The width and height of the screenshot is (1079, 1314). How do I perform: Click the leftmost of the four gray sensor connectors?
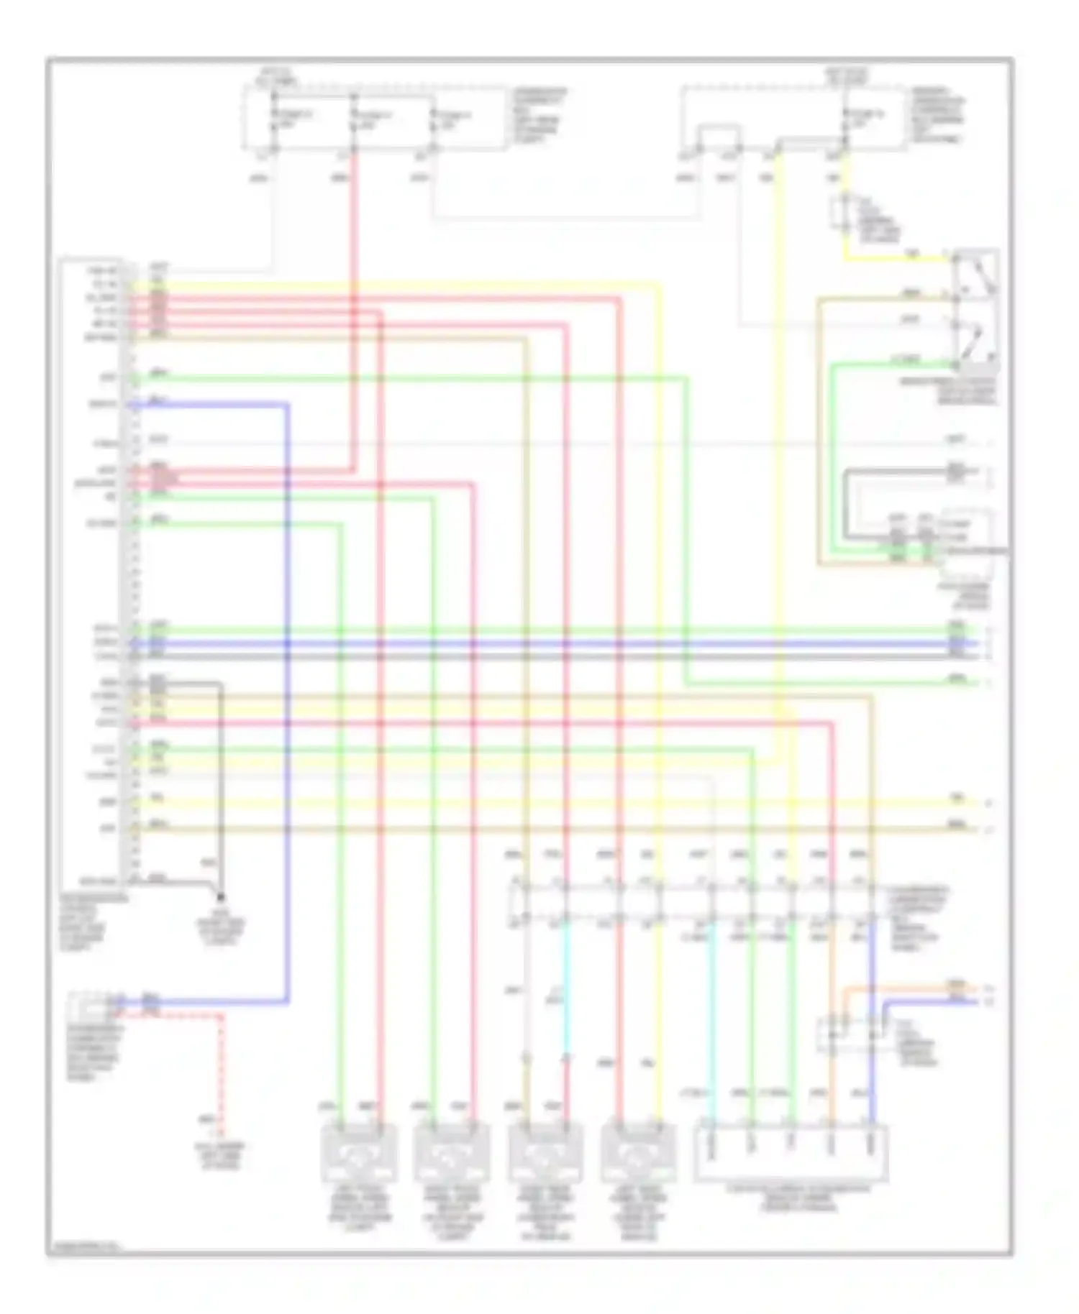(x=358, y=1153)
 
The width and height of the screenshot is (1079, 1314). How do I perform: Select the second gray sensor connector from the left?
(x=452, y=1153)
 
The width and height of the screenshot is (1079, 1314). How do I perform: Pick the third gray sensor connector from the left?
(x=545, y=1153)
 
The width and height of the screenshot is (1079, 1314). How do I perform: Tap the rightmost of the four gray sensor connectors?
(x=638, y=1153)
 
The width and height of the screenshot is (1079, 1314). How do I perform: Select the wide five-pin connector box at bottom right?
(x=791, y=1153)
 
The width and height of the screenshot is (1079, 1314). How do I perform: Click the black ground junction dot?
(x=221, y=897)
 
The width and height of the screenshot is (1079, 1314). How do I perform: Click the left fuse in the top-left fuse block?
(x=274, y=120)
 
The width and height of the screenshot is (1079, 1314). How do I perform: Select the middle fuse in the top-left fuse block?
(x=353, y=120)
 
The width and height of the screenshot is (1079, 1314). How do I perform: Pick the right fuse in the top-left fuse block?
(x=433, y=120)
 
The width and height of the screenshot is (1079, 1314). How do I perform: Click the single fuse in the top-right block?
(x=846, y=120)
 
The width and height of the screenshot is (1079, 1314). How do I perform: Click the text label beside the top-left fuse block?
(x=539, y=115)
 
